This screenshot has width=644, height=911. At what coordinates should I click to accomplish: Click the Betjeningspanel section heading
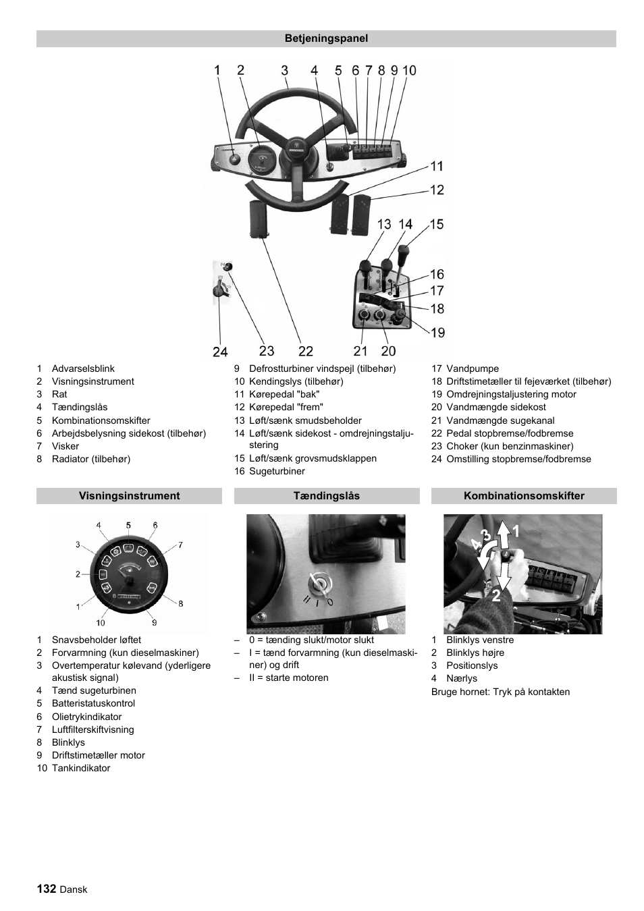tap(326, 38)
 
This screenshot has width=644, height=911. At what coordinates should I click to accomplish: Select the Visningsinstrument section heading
tap(129, 496)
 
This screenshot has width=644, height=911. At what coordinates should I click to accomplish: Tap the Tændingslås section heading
tap(326, 496)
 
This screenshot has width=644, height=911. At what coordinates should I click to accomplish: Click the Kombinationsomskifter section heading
tap(524, 496)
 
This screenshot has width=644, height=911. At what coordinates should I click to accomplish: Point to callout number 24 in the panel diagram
tap(220, 352)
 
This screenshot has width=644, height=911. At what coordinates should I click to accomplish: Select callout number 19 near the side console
tap(437, 332)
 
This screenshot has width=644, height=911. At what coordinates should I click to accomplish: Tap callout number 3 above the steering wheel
tap(285, 70)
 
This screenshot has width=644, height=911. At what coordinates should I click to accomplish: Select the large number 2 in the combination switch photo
tap(496, 595)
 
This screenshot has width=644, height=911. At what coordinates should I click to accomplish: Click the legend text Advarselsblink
tap(83, 368)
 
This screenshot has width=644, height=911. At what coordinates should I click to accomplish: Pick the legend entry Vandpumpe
tap(473, 368)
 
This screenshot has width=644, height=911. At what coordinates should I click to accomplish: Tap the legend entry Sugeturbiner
tap(277, 471)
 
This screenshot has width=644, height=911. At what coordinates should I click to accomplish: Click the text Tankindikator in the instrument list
tap(81, 768)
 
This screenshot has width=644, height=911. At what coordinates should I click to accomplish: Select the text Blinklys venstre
tap(480, 640)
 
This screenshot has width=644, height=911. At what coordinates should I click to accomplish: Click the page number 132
tap(46, 889)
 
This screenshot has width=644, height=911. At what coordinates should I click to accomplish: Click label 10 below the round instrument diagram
tap(101, 623)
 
